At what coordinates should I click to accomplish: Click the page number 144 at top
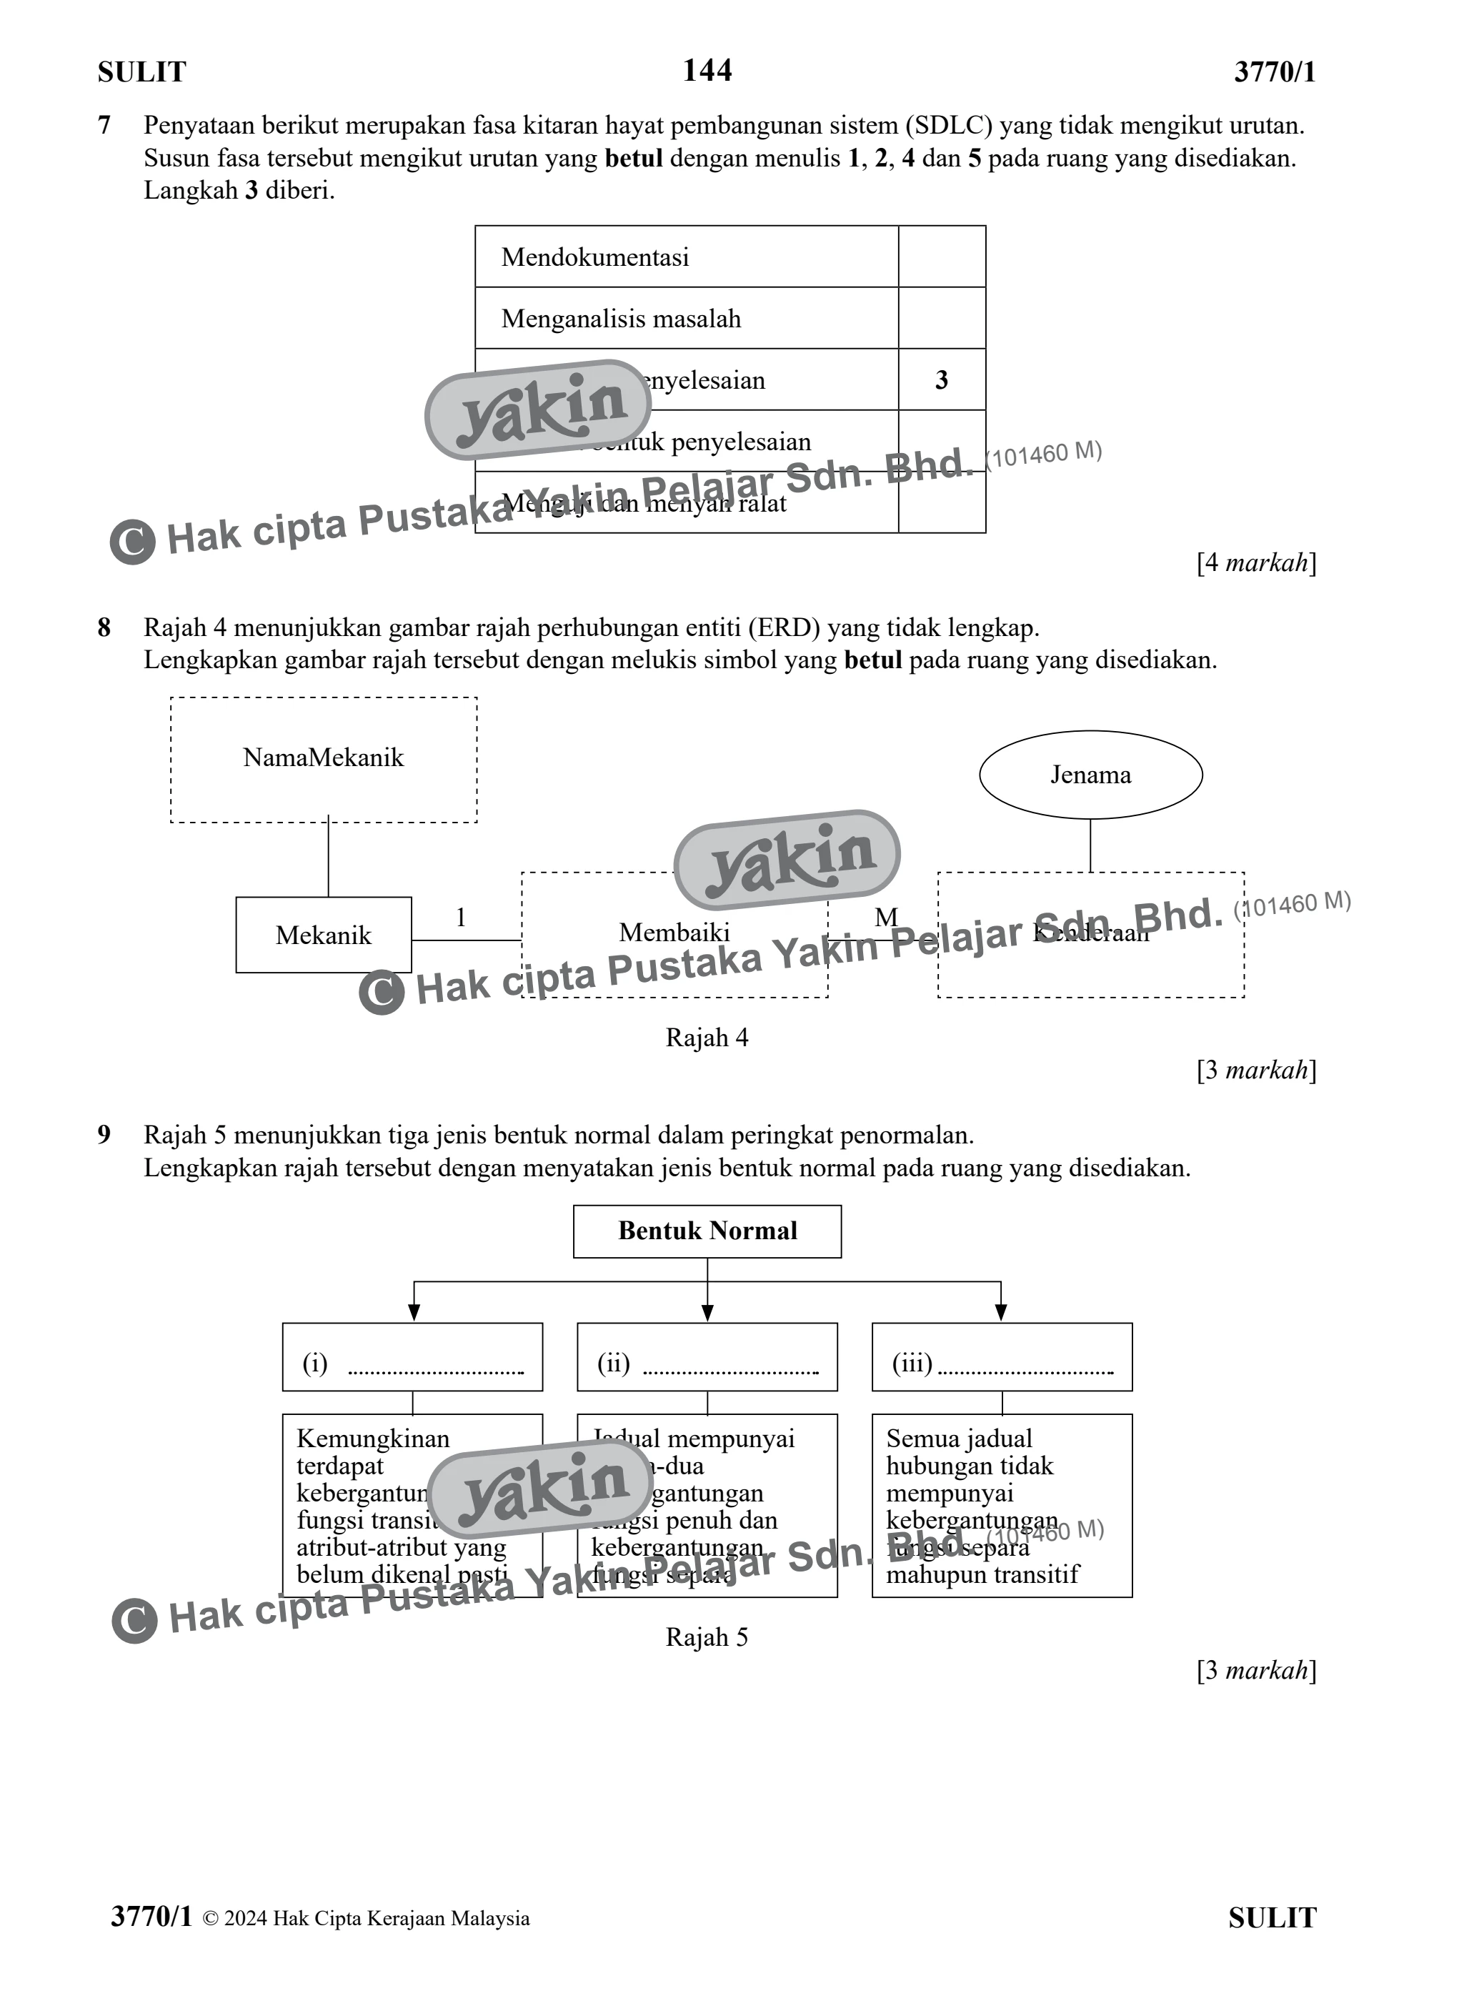[x=707, y=70]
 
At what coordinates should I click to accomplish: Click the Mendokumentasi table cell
[x=594, y=257]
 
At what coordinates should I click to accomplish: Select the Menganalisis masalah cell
[x=620, y=318]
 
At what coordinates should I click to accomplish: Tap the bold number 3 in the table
[x=941, y=380]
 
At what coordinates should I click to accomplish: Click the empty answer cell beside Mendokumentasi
[x=941, y=257]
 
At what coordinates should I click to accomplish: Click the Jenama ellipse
[x=1090, y=775]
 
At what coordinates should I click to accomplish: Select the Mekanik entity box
[x=324, y=935]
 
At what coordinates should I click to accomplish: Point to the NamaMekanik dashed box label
[x=324, y=758]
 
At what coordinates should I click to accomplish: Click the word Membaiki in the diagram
[x=674, y=933]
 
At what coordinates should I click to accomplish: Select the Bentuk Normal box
[x=707, y=1231]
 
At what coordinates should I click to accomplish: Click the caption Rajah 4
[x=707, y=1038]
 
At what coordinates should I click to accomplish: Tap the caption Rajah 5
[x=707, y=1638]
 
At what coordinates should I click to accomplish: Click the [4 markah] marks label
[x=1256, y=562]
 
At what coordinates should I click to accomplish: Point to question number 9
[x=104, y=1135]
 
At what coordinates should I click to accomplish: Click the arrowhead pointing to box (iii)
[x=1002, y=1314]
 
